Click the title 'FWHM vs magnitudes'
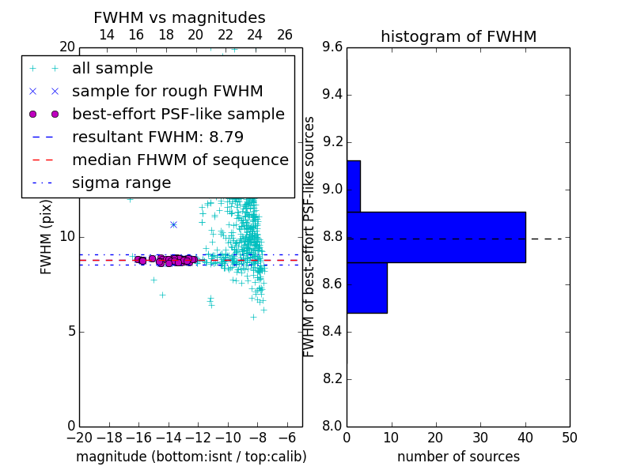point(180,17)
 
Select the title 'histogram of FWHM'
point(459,36)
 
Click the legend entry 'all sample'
point(112,69)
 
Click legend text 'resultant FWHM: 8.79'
point(157,137)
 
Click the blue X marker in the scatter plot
point(173,224)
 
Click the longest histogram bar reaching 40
point(437,237)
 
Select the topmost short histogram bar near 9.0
point(354,186)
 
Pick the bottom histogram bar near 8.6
point(367,288)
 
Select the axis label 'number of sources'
point(459,457)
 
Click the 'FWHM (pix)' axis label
point(46,238)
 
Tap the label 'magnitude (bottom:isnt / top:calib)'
point(191,457)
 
